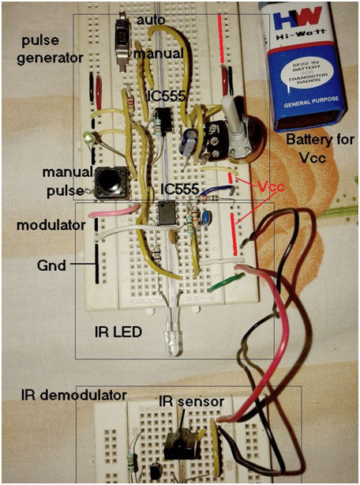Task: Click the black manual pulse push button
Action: click(112, 185)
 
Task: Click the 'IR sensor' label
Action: click(193, 402)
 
